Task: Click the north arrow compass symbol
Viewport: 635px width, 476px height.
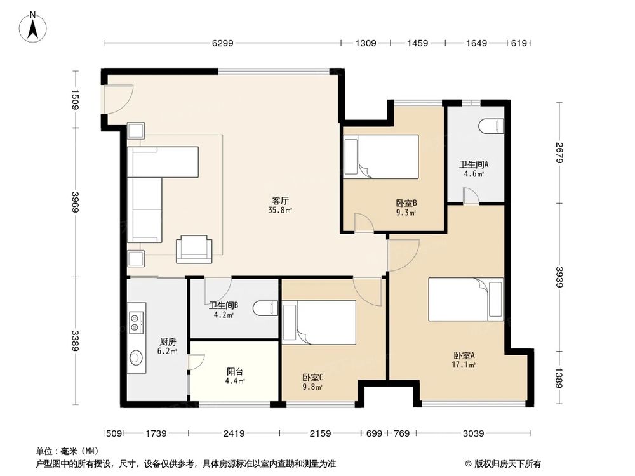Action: click(33, 27)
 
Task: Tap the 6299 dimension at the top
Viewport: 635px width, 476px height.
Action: click(223, 43)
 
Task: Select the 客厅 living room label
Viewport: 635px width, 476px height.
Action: click(280, 201)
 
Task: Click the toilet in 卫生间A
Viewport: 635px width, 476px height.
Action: click(491, 126)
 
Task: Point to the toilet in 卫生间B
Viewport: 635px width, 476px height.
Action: click(265, 309)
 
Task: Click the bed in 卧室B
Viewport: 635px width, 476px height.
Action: click(380, 156)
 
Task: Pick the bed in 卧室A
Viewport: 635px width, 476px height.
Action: click(465, 300)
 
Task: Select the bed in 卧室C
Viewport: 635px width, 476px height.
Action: click(319, 322)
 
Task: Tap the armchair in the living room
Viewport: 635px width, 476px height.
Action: click(194, 249)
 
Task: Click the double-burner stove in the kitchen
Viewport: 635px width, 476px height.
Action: click(137, 322)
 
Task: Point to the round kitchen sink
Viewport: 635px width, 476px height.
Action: click(136, 357)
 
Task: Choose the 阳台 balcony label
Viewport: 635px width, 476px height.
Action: click(235, 371)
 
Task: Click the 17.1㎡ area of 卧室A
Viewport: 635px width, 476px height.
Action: click(464, 365)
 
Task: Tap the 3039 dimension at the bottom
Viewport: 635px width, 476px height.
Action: click(474, 433)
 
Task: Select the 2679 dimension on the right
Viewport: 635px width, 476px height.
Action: click(559, 152)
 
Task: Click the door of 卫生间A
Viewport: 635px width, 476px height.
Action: click(471, 196)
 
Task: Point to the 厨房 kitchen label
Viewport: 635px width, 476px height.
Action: click(168, 342)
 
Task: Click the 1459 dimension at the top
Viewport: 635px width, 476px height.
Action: click(418, 43)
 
